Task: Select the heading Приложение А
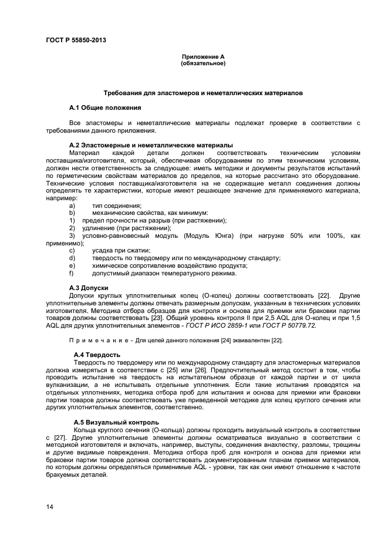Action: tap(203, 57)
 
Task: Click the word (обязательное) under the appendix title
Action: tap(203, 63)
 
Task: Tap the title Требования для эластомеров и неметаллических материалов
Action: tap(203, 93)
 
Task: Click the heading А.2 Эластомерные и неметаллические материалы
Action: tap(151, 144)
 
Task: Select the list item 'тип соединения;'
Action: tap(116, 206)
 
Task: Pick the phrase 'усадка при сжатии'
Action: tap(116, 251)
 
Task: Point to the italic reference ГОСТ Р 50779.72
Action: tap(289, 325)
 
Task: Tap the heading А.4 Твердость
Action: tap(97, 355)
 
